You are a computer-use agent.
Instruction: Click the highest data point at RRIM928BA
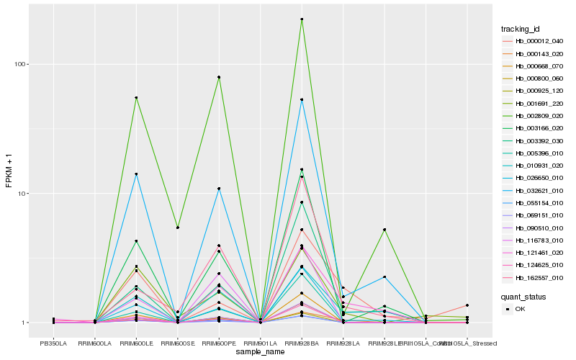tap(302, 19)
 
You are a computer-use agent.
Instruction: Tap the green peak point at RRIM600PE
tap(218, 77)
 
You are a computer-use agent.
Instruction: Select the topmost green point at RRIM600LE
tap(135, 98)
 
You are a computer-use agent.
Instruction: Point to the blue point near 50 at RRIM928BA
tap(302, 99)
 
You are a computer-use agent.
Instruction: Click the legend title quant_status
tap(524, 296)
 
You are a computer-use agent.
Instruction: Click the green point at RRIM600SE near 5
tap(177, 228)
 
